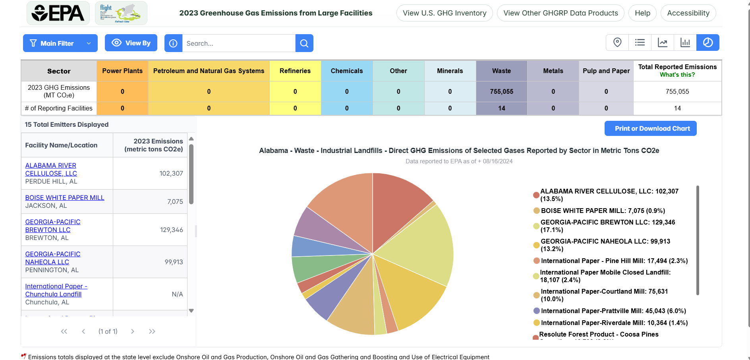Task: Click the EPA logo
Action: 58,13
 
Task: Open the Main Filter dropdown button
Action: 60,43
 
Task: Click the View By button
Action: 131,43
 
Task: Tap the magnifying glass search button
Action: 304,43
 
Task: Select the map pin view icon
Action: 617,43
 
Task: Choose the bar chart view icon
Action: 685,43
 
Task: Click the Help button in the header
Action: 642,13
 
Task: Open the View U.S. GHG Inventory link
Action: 444,13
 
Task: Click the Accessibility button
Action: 688,13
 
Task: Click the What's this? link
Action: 677,75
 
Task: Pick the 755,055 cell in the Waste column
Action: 501,91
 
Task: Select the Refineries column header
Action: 295,71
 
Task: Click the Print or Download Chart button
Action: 650,128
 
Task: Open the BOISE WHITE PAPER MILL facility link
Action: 65,197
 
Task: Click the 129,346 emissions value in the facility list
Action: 171,230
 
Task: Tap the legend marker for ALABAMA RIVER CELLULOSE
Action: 536,195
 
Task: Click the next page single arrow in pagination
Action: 133,331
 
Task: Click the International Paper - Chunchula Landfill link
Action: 56,290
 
